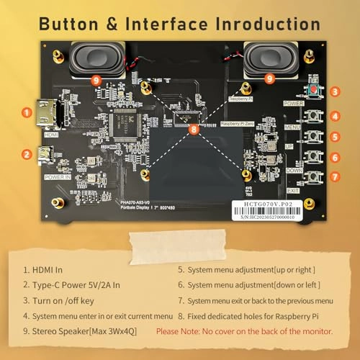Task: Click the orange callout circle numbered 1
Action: pyautogui.click(x=27, y=112)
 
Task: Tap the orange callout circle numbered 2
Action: pyautogui.click(x=27, y=153)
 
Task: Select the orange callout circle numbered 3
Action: pyautogui.click(x=336, y=92)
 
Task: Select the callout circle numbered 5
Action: pyautogui.click(x=336, y=135)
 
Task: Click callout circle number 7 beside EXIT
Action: pyautogui.click(x=336, y=176)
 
